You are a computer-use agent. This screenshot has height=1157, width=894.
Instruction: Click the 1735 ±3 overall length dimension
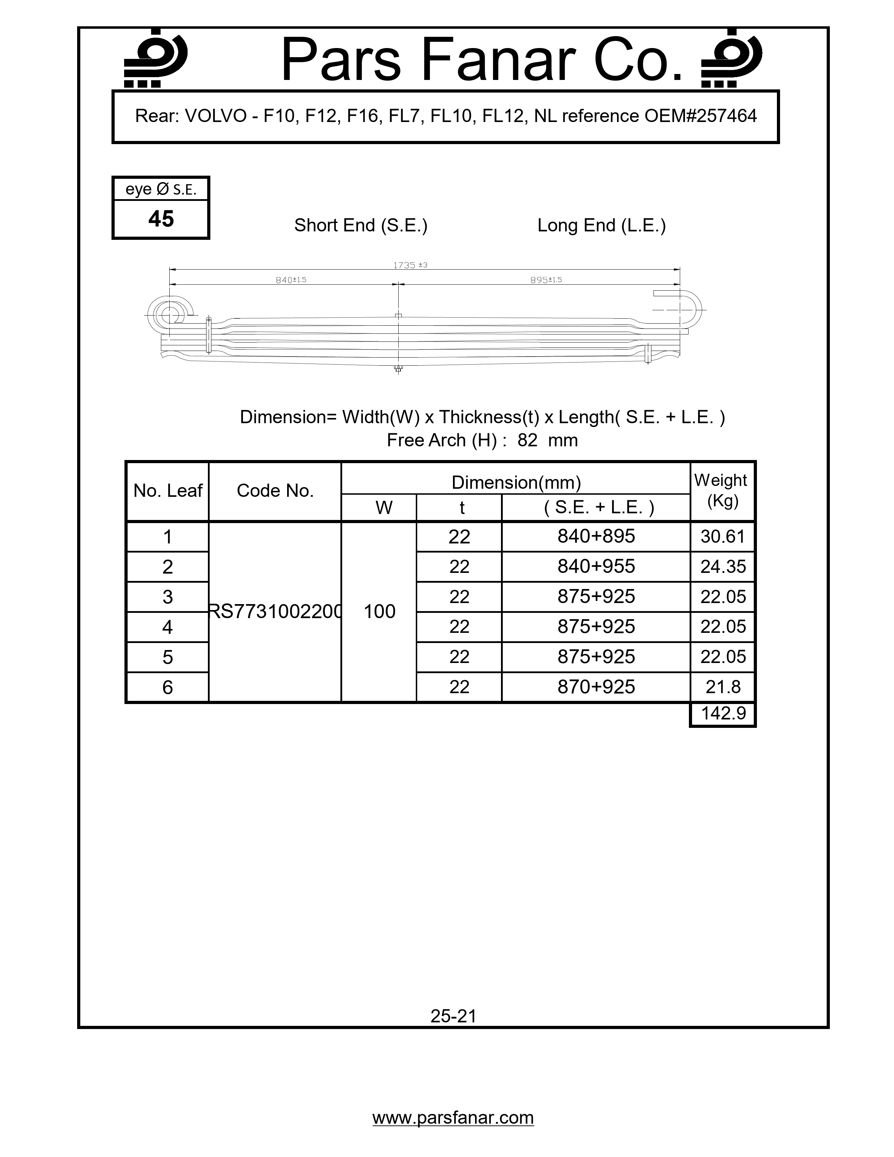coord(410,265)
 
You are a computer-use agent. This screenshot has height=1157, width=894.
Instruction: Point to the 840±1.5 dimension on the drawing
coord(291,280)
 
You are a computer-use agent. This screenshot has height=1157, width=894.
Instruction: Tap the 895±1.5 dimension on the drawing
coord(546,280)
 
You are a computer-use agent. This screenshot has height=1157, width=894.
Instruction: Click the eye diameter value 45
coord(161,219)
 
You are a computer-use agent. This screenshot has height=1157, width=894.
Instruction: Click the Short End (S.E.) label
coord(361,225)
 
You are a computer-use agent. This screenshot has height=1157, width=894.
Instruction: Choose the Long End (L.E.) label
coord(601,225)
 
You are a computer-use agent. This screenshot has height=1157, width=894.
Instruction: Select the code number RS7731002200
coord(275,611)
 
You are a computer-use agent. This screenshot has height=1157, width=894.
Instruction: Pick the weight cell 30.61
coord(723,537)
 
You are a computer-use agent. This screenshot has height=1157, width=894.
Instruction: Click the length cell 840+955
coord(596,566)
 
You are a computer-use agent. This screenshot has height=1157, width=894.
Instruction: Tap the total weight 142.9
coord(723,713)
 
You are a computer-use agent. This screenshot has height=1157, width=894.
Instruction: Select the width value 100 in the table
coord(379,611)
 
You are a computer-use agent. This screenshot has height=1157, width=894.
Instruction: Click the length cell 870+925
coord(596,687)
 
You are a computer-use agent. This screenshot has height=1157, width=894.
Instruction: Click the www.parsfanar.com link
coord(453,1117)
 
